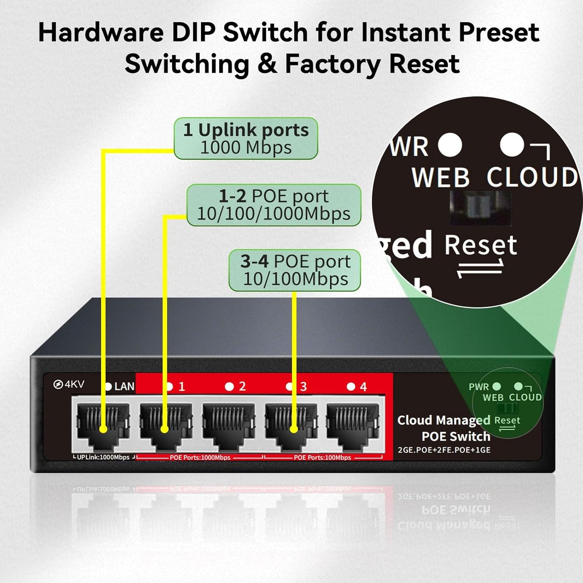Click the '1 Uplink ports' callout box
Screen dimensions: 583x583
tap(246, 138)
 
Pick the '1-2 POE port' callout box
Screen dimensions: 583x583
tap(274, 205)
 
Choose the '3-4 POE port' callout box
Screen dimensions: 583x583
tap(295, 270)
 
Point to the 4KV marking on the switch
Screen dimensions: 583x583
tap(69, 384)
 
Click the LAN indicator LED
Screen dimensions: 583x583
tap(108, 387)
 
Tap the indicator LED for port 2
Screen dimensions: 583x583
tap(229, 387)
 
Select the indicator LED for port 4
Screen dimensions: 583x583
tap(351, 387)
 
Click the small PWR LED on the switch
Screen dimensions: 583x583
tap(497, 386)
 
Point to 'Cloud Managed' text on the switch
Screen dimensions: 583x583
tap(443, 420)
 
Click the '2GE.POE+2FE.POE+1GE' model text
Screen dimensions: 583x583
tap(444, 450)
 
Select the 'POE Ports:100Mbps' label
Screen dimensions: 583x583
tap(322, 458)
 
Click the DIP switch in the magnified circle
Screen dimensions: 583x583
tap(480, 208)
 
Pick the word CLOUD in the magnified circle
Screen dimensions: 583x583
tap(532, 177)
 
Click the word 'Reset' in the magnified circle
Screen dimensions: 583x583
tap(480, 245)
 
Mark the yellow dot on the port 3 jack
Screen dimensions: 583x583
tap(294, 429)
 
